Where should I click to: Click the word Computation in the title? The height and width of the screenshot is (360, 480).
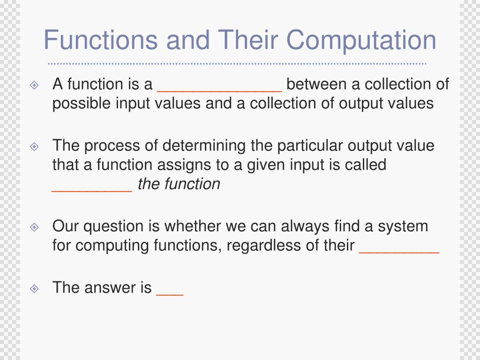point(361,40)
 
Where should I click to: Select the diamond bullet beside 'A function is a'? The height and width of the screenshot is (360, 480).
point(34,85)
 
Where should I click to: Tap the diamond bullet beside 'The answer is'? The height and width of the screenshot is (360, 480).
point(34,288)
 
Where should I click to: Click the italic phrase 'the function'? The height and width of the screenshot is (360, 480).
point(179,184)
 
